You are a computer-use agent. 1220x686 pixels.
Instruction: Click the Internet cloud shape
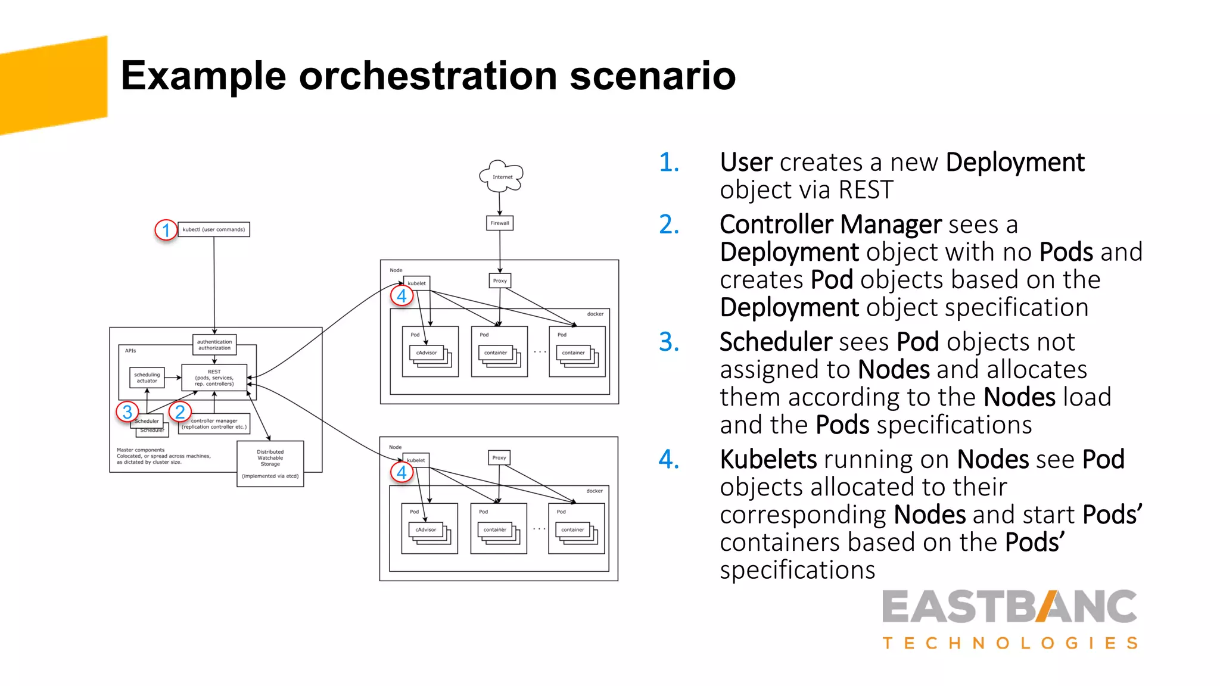tap(502, 176)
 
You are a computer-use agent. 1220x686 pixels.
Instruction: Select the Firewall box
tap(500, 223)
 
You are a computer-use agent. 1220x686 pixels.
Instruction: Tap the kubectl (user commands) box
tap(214, 229)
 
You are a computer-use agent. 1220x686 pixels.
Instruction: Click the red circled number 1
tap(166, 230)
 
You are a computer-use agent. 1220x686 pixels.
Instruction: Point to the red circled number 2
tap(180, 411)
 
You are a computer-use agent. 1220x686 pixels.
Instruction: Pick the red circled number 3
tap(127, 411)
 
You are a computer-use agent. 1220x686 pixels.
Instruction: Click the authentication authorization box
tap(214, 345)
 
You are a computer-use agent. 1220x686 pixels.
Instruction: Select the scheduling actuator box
tap(147, 378)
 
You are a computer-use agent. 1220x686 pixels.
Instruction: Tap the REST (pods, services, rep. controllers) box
tap(214, 378)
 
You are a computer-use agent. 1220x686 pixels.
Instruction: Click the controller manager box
tap(214, 423)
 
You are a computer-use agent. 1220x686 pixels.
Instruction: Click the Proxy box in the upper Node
tap(500, 280)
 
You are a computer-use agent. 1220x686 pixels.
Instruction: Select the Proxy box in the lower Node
tap(499, 457)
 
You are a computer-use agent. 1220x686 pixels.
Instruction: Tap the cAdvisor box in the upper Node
tap(427, 353)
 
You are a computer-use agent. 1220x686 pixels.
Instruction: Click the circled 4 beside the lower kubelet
tap(402, 472)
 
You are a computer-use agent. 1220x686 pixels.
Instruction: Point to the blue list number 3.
tap(669, 342)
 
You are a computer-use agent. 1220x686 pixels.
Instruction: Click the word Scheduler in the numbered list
tap(775, 342)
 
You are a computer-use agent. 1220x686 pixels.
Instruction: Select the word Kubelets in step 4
tap(768, 459)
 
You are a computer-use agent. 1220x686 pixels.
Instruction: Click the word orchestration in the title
tap(428, 76)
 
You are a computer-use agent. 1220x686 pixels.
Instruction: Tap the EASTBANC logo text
tap(1010, 607)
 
